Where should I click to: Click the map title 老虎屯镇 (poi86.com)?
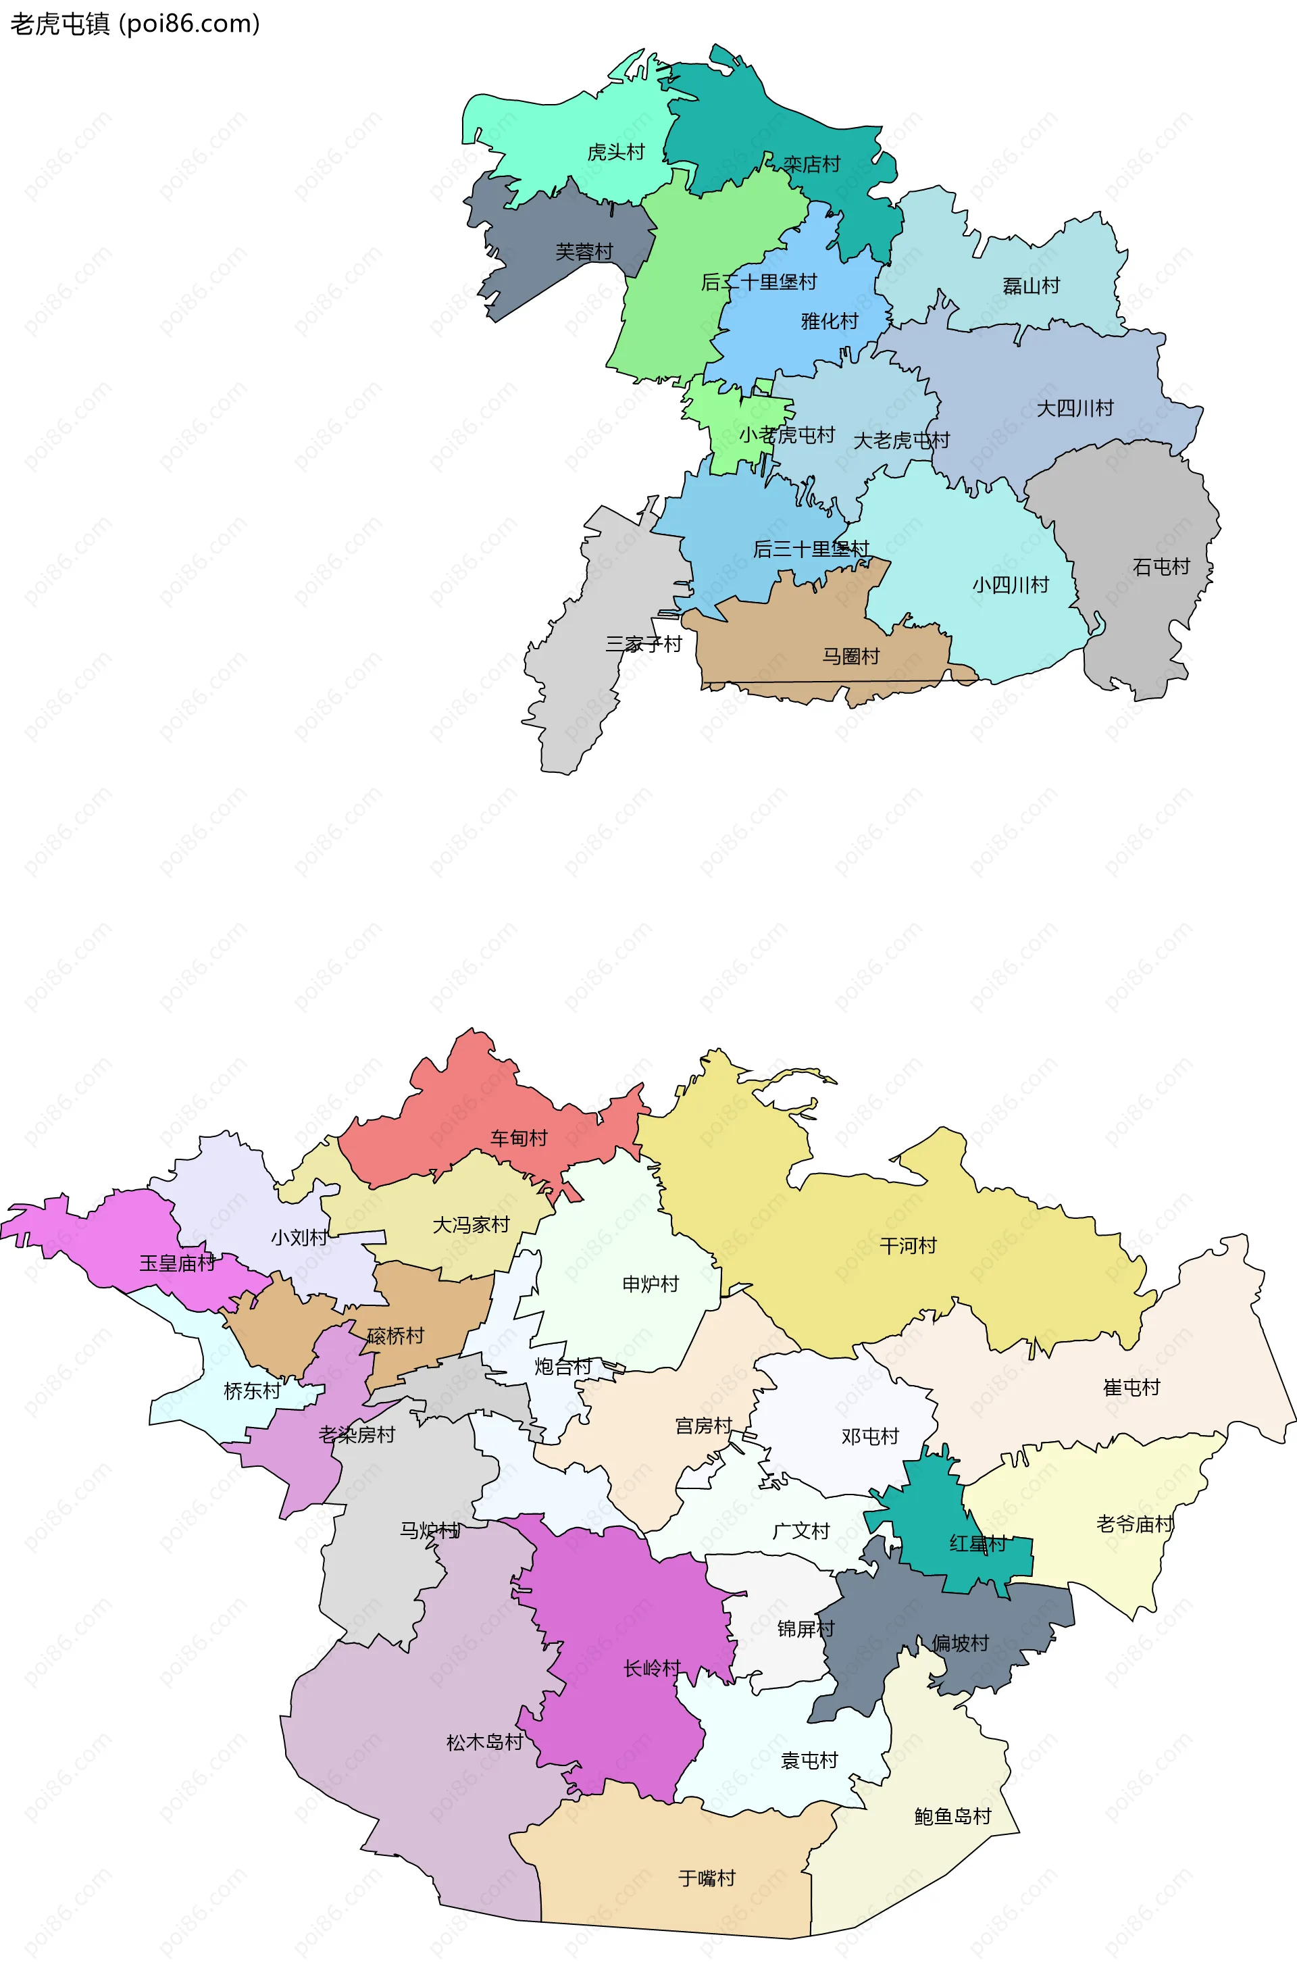pyautogui.click(x=135, y=24)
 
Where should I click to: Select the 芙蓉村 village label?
pyautogui.click(x=584, y=251)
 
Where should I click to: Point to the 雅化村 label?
pyautogui.click(x=829, y=321)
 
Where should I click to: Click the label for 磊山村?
pyautogui.click(x=1032, y=286)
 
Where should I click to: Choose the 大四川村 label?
pyautogui.click(x=1075, y=408)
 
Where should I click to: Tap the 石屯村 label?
pyautogui.click(x=1161, y=567)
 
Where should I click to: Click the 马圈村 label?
pyautogui.click(x=850, y=657)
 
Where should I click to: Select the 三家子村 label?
pyautogui.click(x=643, y=643)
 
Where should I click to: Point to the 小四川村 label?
pyautogui.click(x=1011, y=585)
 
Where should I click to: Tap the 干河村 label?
pyautogui.click(x=908, y=1246)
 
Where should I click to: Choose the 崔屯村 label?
pyautogui.click(x=1131, y=1387)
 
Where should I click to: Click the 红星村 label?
pyautogui.click(x=978, y=1544)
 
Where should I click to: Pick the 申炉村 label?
pyautogui.click(x=651, y=1284)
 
